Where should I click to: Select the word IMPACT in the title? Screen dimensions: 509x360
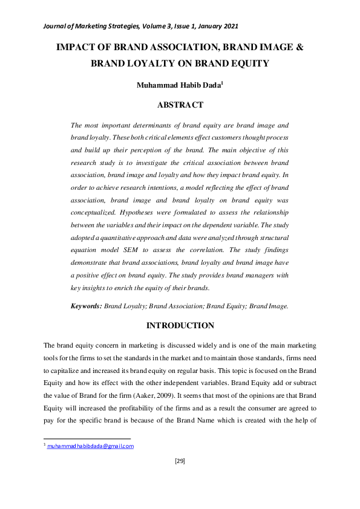pos(75,46)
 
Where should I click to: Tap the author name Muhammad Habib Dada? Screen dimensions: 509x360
pos(179,85)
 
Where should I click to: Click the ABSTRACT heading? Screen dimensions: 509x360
pos(180,105)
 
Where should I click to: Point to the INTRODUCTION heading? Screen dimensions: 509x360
pos(180,326)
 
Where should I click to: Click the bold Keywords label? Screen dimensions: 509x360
pos(87,306)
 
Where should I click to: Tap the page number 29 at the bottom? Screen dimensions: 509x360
pos(180,461)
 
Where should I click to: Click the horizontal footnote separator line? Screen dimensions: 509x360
pos(87,439)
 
